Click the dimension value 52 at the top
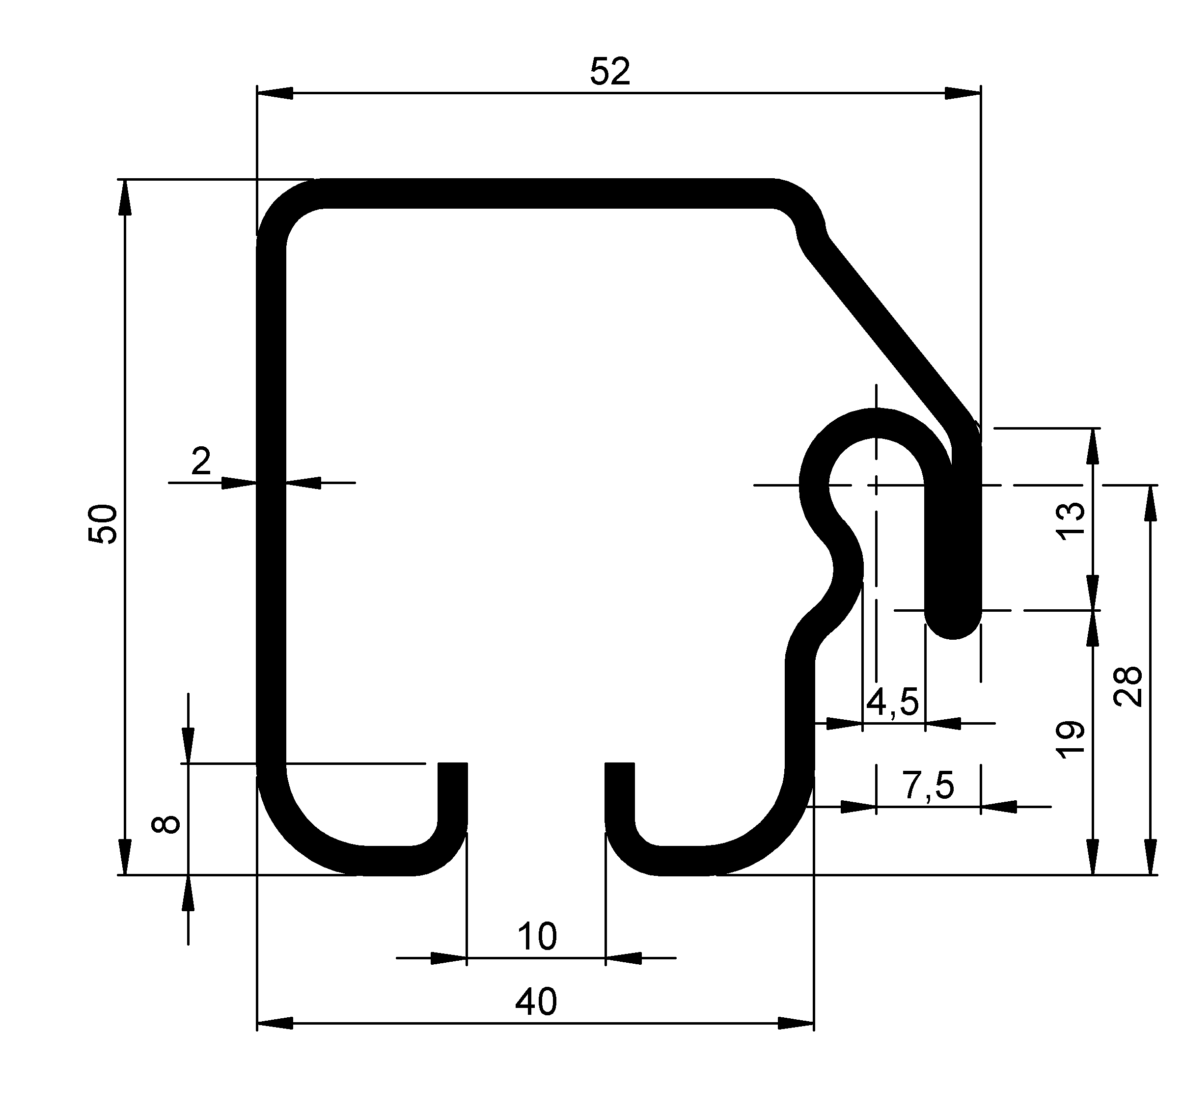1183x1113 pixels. tap(609, 73)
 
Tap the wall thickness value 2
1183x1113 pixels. tap(201, 461)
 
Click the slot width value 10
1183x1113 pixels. tap(537, 937)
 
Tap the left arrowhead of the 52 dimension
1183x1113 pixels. tap(275, 93)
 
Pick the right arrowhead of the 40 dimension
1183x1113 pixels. tap(796, 1024)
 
